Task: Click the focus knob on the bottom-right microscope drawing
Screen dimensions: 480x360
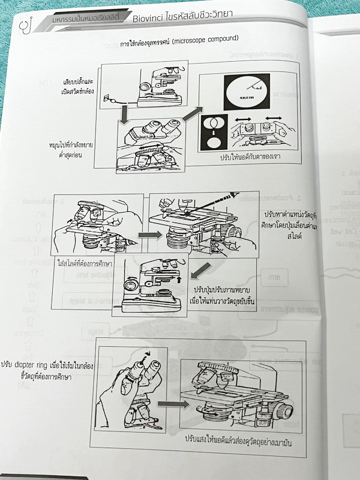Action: point(284,412)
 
